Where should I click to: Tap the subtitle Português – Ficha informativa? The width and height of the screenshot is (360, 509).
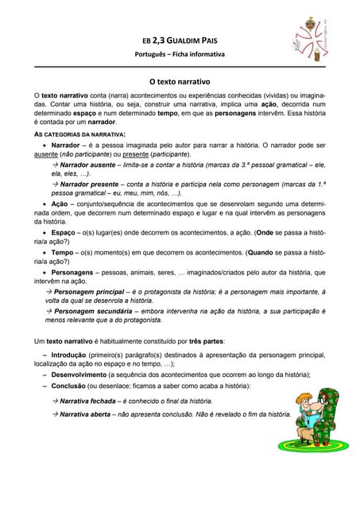pos(179,54)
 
